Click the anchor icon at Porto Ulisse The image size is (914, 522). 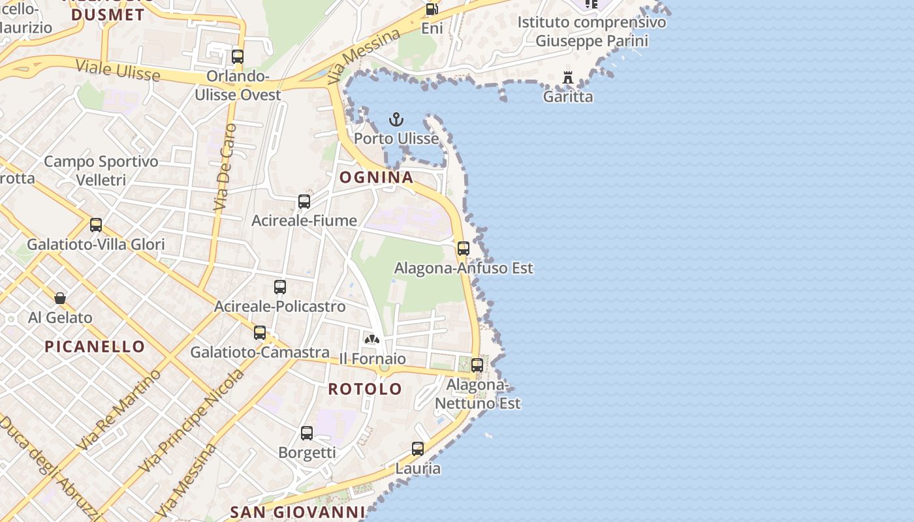pos(396,119)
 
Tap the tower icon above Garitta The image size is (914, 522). pos(568,78)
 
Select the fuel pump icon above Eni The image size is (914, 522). pos(431,9)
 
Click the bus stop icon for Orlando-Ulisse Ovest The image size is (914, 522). pos(238,57)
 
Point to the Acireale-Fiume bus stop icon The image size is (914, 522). pos(304,202)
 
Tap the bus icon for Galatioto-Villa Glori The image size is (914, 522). pos(96,225)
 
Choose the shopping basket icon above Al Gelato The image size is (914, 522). pos(60,298)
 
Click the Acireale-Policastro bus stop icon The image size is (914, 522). pos(280,287)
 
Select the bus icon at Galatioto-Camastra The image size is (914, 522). pos(260,333)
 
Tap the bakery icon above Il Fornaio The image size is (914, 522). pos(372,339)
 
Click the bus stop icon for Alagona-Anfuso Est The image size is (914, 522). pos(464,249)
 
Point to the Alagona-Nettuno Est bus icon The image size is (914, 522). pos(477,365)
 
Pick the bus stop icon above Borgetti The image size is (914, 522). pos(307,433)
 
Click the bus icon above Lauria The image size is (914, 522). pos(418,449)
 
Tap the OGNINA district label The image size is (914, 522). pos(376,177)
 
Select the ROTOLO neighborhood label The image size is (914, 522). pos(365,389)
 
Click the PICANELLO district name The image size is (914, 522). pos(95,346)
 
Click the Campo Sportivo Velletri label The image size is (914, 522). pos(101,170)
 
